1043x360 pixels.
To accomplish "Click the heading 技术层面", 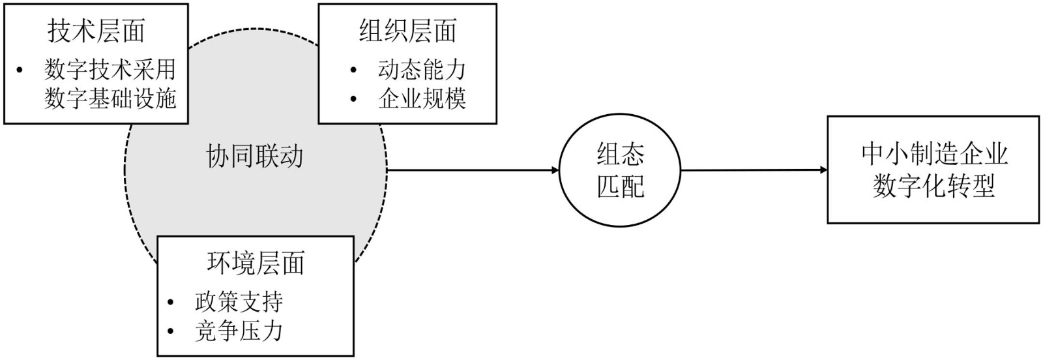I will pos(96,31).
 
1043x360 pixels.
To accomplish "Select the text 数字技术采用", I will pos(110,69).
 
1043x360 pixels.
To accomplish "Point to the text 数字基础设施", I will pos(110,98).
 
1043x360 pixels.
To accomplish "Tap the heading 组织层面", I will pos(407,31).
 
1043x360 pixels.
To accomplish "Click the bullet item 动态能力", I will pos(422,69).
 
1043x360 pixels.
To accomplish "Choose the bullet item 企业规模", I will pos(422,98).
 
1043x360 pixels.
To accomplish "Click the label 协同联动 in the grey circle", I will pos(255,157).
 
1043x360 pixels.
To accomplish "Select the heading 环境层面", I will pos(256,263).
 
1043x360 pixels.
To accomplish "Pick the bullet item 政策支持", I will pos(239,301).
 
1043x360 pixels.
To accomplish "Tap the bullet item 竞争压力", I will pos(239,331).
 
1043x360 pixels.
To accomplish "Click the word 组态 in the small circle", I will pos(620,154).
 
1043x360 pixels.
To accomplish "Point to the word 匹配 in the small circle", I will pos(620,187).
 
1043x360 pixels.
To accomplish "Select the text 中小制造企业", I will pos(933,154).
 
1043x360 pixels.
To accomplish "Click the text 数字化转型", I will pos(933,187).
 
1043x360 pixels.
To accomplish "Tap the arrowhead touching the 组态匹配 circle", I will pos(555,171).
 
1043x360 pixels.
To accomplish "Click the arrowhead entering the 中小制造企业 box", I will pos(823,171).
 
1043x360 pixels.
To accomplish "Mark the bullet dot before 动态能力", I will pos(353,70).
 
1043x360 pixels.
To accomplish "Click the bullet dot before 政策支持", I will pos(171,302).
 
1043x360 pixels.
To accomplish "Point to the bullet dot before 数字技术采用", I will pos(20,70).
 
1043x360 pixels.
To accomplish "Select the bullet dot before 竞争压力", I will pos(171,331).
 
